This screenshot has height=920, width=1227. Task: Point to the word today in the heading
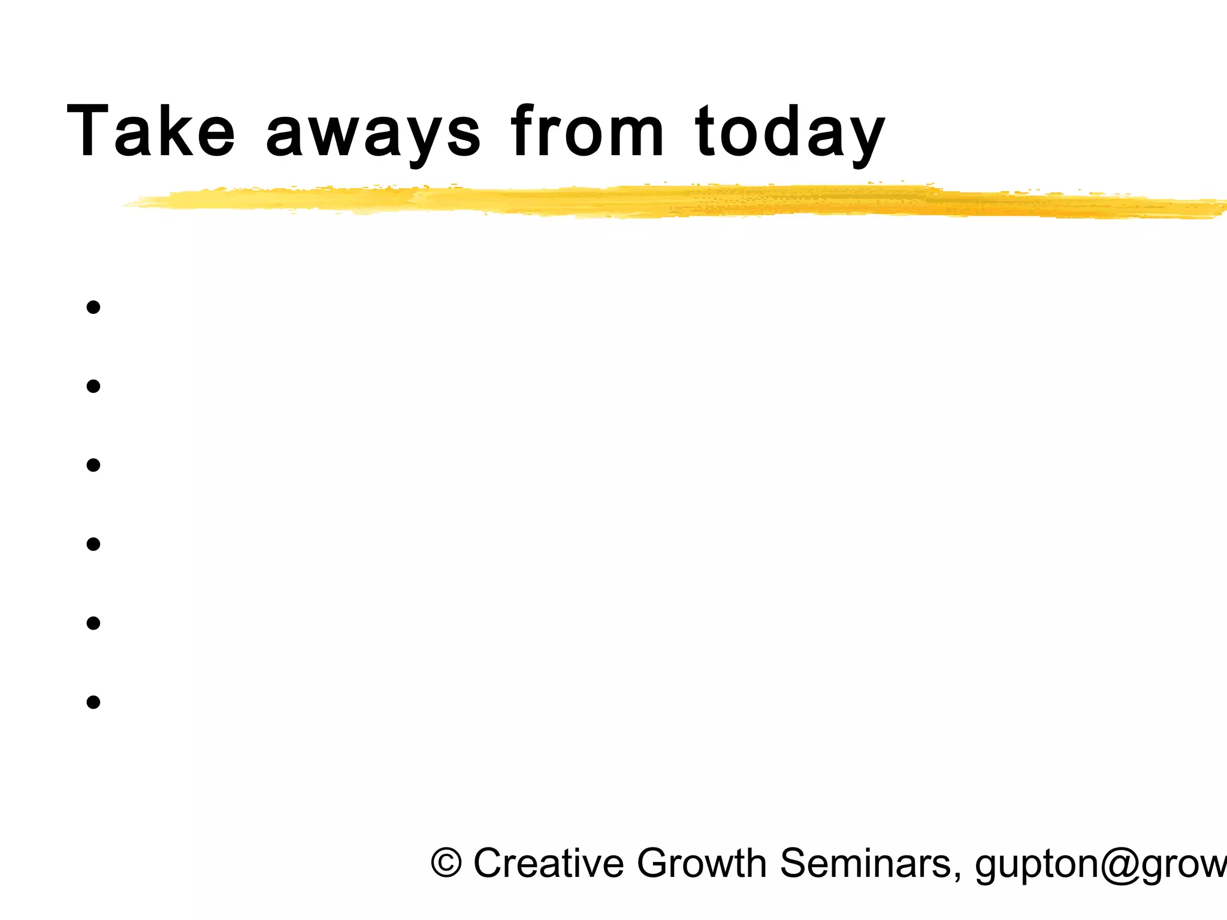(x=790, y=133)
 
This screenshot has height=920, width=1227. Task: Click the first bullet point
(x=93, y=308)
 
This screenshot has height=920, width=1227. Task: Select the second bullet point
(x=93, y=386)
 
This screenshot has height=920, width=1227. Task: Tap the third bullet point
(x=93, y=465)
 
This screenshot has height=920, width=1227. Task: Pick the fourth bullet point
(x=93, y=544)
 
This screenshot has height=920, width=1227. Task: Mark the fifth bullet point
(x=93, y=624)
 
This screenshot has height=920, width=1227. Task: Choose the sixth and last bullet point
(x=93, y=702)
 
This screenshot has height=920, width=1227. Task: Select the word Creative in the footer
(x=548, y=863)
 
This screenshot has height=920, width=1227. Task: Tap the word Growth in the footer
(x=701, y=863)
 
